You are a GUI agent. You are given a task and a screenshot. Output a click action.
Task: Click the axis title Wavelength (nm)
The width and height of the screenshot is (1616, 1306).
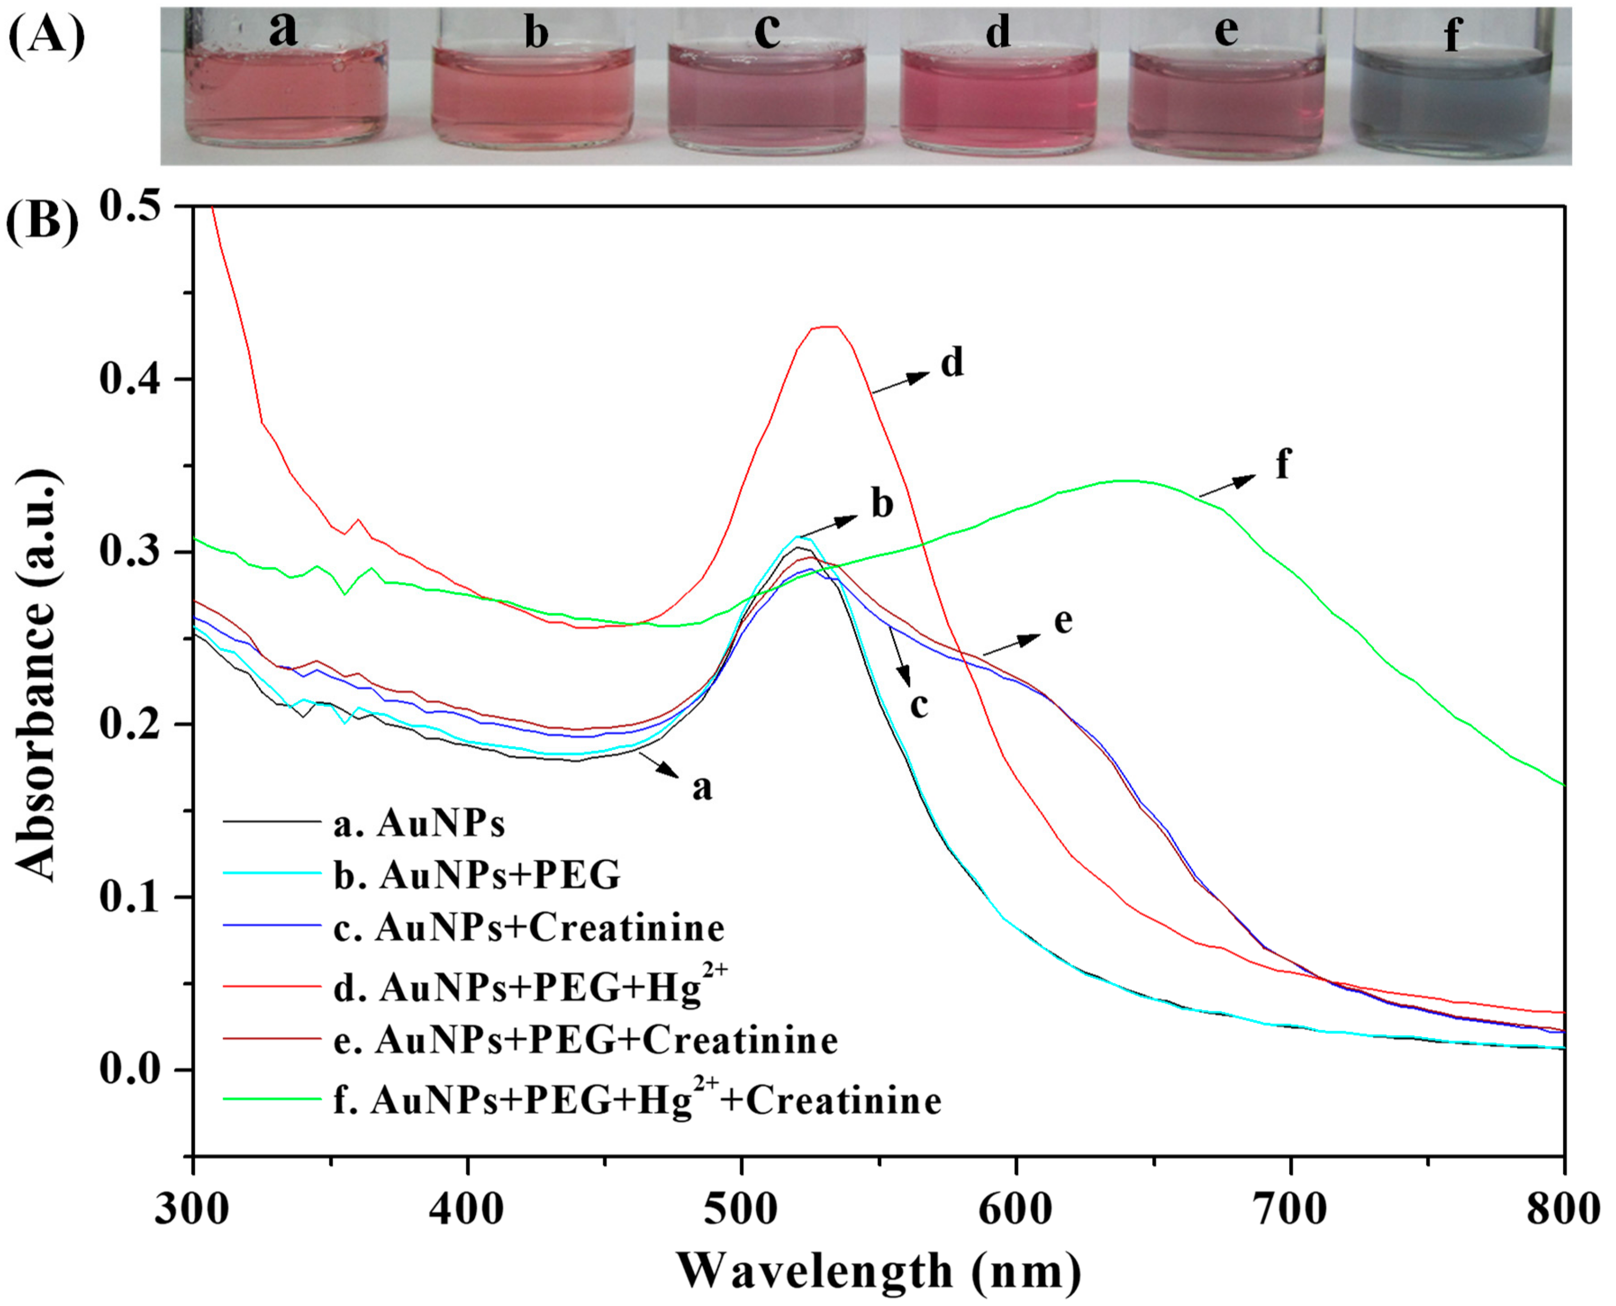[x=879, y=1272]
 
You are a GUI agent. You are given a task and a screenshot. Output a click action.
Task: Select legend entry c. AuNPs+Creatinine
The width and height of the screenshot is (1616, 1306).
[x=549, y=928]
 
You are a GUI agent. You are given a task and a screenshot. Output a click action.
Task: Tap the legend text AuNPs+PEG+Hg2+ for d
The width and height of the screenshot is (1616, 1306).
[x=553, y=986]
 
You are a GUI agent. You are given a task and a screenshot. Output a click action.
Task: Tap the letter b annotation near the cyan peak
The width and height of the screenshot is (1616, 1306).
[x=882, y=504]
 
